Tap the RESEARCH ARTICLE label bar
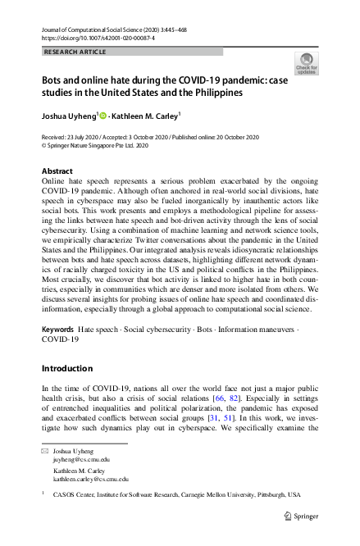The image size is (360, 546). pos(131,52)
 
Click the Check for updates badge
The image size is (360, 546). pos(307,64)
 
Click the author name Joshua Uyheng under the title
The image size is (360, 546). pos(69,115)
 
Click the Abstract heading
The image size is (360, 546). pos(57,171)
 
